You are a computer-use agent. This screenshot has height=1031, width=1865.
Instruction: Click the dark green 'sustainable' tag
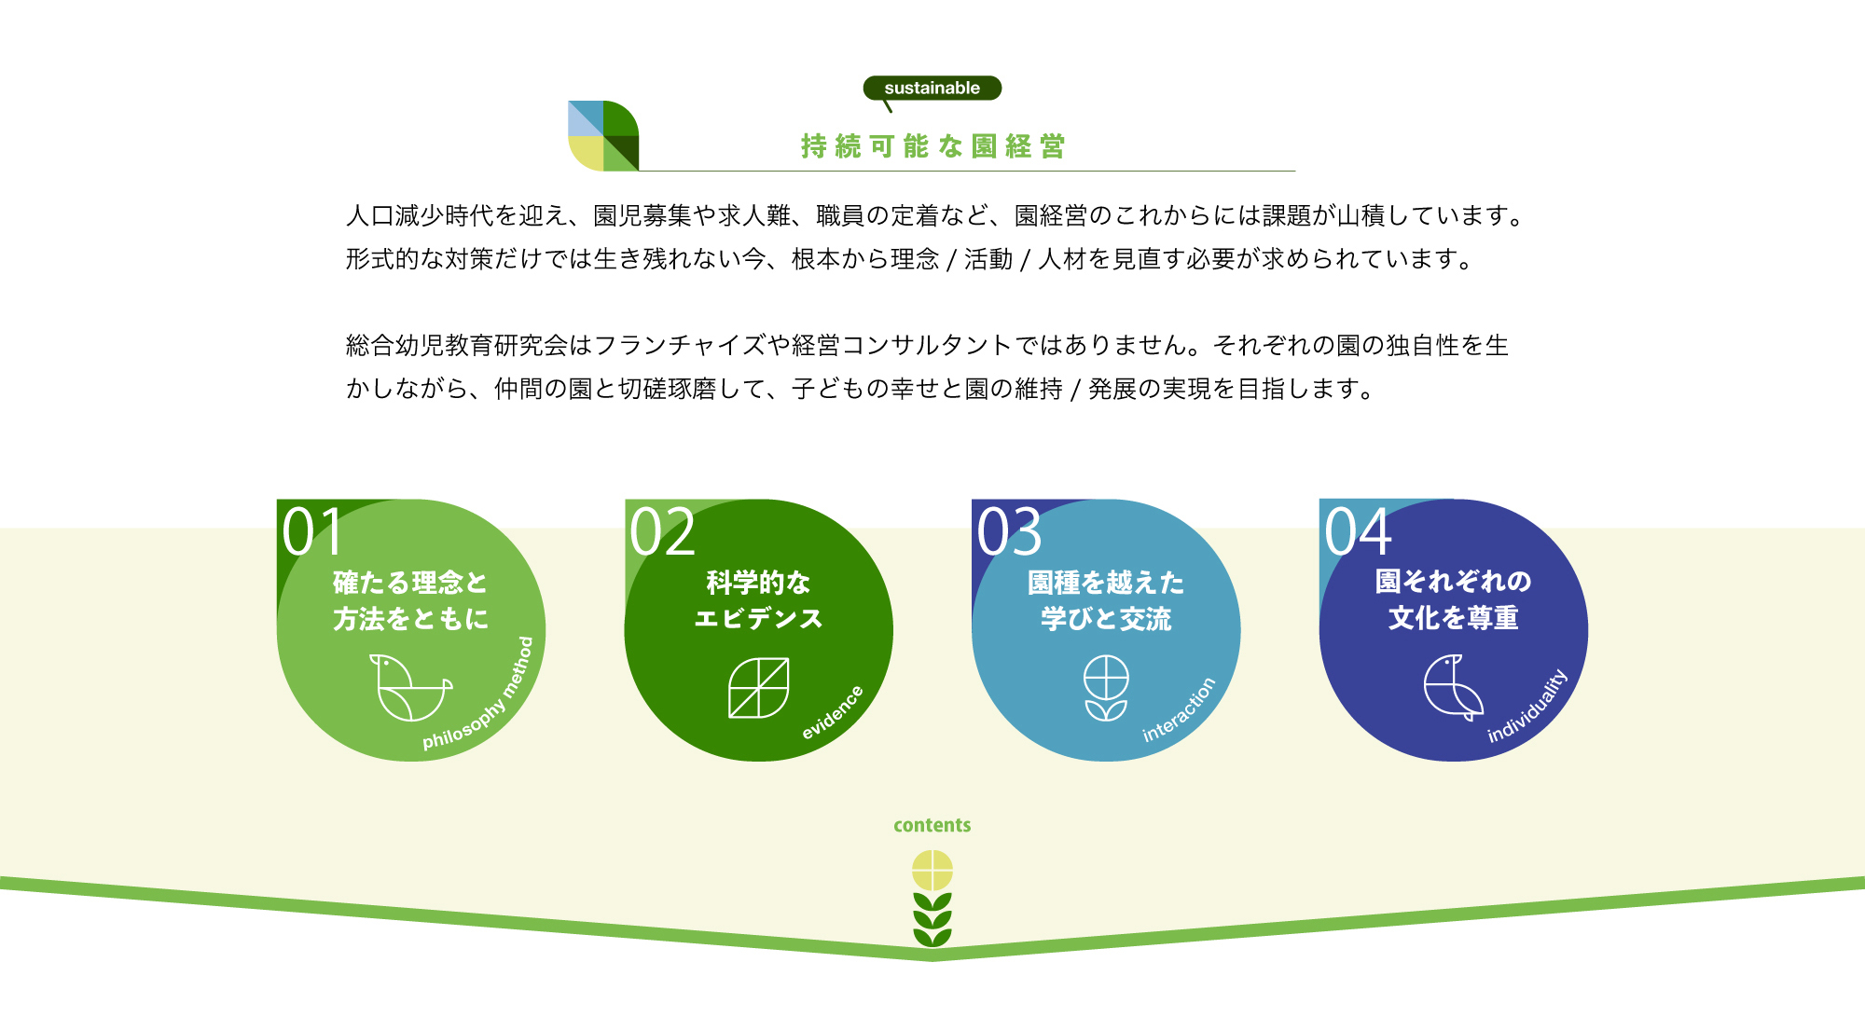click(x=932, y=89)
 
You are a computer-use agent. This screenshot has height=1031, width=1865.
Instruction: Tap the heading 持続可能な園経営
click(x=932, y=146)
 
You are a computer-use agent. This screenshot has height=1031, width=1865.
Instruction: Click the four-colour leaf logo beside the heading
click(x=603, y=136)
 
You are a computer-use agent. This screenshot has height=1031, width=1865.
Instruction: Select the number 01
click(x=313, y=532)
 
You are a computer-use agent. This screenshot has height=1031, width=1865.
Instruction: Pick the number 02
click(x=662, y=532)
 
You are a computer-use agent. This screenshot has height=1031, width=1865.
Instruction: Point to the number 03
click(x=1009, y=532)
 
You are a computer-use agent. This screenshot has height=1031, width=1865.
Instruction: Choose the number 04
click(x=1358, y=532)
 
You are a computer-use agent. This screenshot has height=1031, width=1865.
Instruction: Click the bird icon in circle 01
click(x=408, y=688)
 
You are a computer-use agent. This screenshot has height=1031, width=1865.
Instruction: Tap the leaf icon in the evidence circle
click(x=758, y=688)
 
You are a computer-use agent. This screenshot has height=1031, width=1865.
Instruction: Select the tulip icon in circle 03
click(x=1106, y=688)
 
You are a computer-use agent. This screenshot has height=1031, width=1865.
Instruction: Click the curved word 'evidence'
click(x=833, y=712)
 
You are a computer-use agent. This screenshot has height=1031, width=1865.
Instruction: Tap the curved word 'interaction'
click(x=1180, y=709)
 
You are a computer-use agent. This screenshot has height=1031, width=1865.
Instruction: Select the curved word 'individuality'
click(x=1528, y=706)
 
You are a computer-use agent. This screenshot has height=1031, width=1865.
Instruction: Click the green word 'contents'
click(x=932, y=825)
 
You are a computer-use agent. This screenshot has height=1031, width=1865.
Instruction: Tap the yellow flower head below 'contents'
click(x=932, y=871)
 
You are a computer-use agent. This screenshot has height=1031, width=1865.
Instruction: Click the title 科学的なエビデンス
click(x=758, y=600)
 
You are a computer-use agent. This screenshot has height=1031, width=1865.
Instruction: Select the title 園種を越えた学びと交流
click(x=1106, y=600)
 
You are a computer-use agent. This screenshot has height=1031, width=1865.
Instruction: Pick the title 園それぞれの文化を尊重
click(x=1453, y=599)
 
